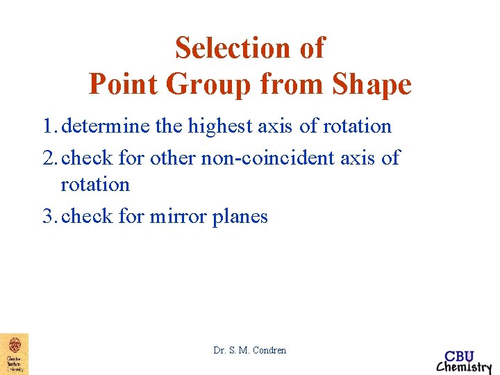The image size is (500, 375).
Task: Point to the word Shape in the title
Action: click(372, 85)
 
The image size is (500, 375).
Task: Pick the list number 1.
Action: click(48, 126)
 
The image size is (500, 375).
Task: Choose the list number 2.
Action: click(48, 158)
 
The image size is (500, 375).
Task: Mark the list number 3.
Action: click(48, 217)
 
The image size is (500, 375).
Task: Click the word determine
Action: click(104, 126)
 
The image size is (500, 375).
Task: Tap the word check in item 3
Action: click(87, 217)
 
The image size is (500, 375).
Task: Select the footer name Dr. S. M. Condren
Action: click(250, 350)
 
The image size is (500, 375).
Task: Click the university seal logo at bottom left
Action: click(14, 353)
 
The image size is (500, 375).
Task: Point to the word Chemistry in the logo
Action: click(463, 367)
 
